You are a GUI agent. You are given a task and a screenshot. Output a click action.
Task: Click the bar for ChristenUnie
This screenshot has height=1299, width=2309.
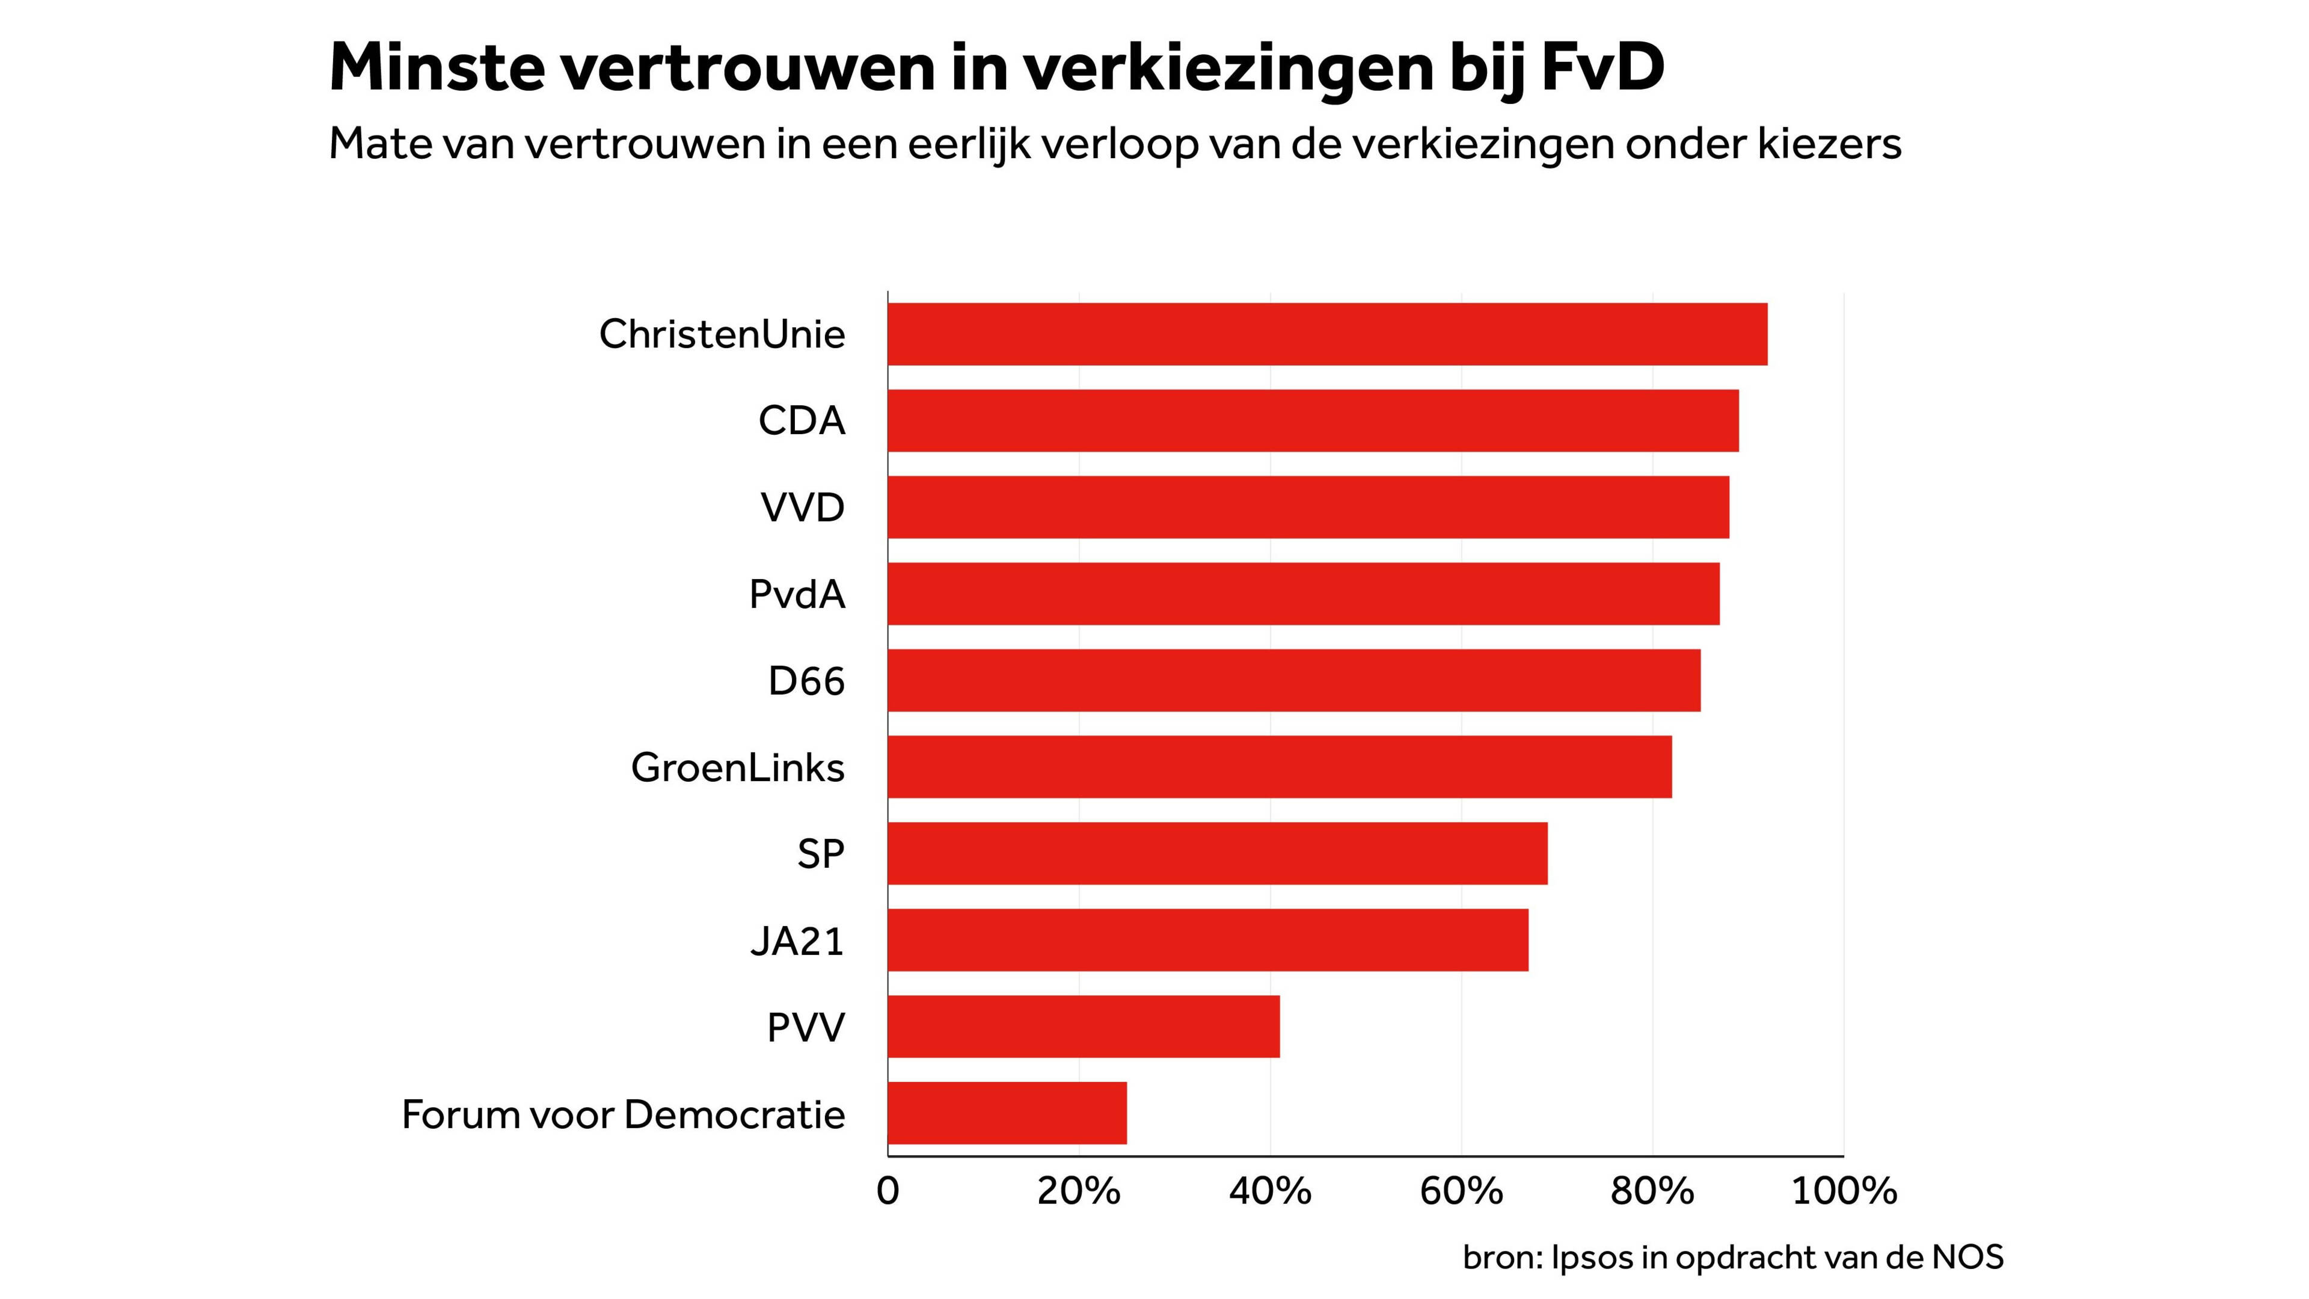tap(1326, 334)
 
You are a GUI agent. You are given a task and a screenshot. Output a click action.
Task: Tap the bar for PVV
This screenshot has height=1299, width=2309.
tap(1083, 1027)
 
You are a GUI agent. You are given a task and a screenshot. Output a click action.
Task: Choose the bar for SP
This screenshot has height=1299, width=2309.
tap(1217, 853)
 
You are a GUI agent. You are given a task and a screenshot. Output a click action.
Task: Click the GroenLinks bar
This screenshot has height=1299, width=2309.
tap(1279, 767)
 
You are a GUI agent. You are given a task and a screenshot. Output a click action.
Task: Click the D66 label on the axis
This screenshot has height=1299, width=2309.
tap(806, 681)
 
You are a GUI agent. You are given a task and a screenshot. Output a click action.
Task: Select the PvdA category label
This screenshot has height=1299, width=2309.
tap(797, 594)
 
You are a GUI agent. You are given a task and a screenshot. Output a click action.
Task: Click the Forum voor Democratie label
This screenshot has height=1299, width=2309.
tap(623, 1114)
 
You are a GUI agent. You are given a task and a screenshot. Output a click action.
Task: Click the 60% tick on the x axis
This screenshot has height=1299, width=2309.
tap(1461, 1191)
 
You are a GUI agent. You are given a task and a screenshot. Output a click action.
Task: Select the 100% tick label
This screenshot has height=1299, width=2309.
tap(1844, 1191)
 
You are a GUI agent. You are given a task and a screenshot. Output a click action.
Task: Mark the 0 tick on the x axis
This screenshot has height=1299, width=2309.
tap(888, 1191)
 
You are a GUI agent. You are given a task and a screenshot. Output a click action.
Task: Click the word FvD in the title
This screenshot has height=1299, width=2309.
tap(1602, 67)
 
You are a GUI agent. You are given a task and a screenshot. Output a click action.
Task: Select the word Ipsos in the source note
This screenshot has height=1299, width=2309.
tap(1591, 1258)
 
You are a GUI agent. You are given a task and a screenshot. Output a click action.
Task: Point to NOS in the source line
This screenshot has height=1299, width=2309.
tap(1967, 1258)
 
